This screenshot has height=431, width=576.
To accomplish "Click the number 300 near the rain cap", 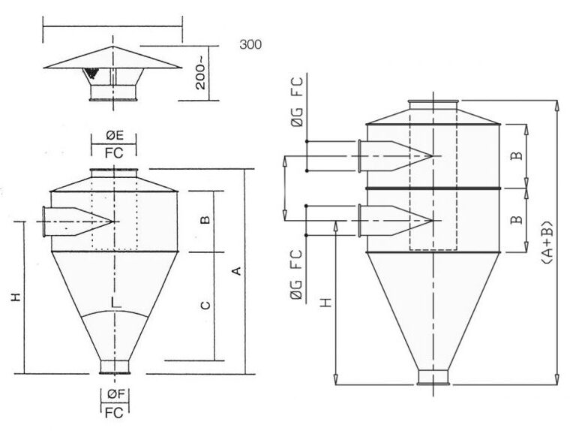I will coord(250,44).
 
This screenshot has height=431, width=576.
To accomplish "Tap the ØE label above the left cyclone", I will coord(115,136).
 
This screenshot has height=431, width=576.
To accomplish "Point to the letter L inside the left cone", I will coord(114,302).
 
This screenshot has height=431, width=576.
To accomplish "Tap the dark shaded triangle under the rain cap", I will coord(92,74).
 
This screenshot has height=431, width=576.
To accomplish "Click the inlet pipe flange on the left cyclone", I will coord(45,222).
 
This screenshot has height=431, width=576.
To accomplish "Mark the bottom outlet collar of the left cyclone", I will coord(115,366).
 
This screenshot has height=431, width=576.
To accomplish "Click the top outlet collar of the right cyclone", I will coord(430,105).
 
